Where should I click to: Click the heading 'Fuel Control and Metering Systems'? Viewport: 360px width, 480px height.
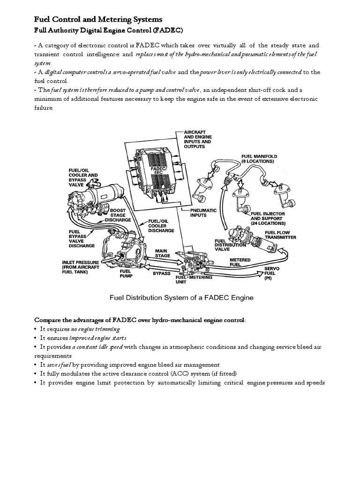tap(98, 19)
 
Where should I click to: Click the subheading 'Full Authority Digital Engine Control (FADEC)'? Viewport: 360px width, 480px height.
tap(109, 30)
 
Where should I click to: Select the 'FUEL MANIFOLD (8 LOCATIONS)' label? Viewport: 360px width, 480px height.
tap(259, 158)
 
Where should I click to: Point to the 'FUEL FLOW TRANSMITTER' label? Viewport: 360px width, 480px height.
tap(280, 234)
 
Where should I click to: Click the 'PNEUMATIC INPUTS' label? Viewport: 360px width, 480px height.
tap(203, 213)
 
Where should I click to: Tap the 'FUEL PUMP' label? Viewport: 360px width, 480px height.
tap(126, 273)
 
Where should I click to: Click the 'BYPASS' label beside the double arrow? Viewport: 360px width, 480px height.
tap(162, 273)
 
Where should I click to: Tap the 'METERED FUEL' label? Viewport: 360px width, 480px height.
tap(240, 262)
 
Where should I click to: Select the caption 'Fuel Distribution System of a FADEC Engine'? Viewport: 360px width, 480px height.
tap(181, 297)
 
